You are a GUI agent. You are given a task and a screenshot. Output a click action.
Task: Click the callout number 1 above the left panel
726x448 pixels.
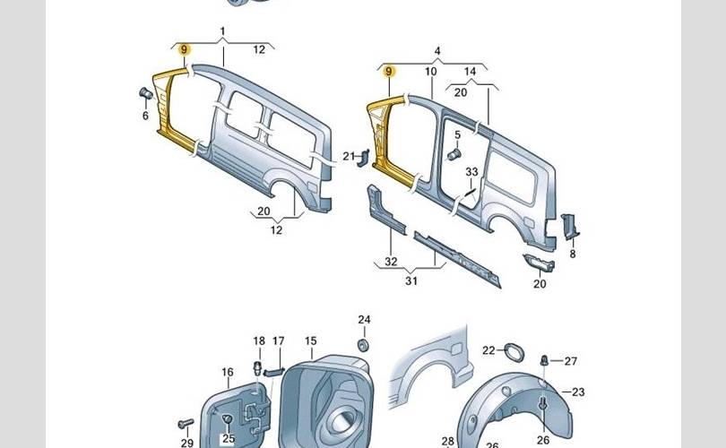pos(222,31)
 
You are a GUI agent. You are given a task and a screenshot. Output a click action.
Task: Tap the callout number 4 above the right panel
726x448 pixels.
pos(437,51)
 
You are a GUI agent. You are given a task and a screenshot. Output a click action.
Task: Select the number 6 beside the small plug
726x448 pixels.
pos(145,115)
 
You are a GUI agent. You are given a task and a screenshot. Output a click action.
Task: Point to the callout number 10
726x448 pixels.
pos(430,71)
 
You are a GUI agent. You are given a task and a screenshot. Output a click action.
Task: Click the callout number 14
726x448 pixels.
pos(471,71)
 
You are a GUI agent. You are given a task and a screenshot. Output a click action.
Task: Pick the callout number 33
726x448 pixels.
pos(472,172)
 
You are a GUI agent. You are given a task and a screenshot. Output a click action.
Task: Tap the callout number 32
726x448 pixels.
pos(391,262)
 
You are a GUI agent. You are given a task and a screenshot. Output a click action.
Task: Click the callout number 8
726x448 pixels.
pos(572,254)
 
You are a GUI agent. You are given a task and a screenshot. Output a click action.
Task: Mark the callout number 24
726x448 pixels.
pos(364,320)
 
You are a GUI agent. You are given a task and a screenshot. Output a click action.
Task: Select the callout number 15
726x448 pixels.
pos(311,341)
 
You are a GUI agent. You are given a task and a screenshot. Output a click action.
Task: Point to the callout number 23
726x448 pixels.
pos(578,392)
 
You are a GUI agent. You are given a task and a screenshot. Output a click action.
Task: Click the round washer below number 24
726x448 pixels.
pos(364,345)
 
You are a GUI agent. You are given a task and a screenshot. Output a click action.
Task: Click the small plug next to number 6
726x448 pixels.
pos(144,93)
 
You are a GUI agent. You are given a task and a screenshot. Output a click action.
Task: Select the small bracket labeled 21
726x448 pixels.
pos(362,159)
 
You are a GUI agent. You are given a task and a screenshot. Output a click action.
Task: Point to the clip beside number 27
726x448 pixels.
pos(544,360)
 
